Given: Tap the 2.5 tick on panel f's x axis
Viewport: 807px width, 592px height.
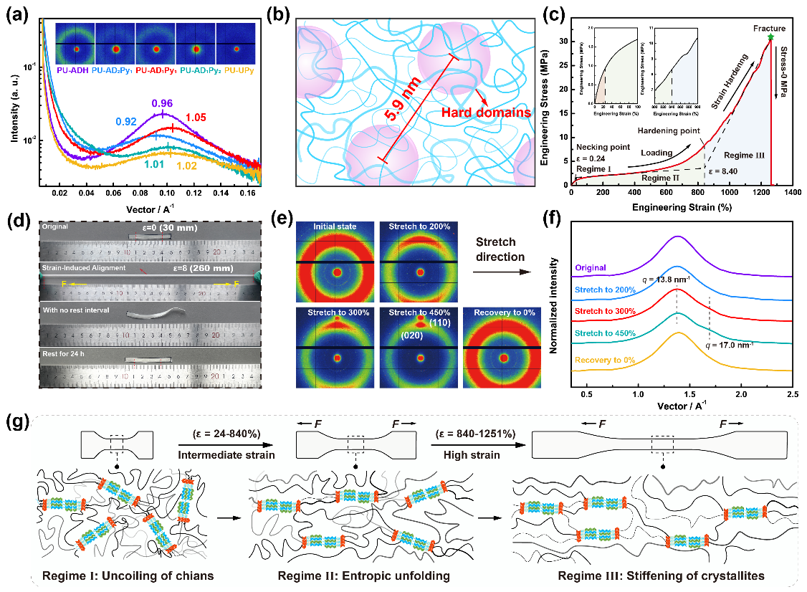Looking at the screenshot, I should (x=792, y=395).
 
